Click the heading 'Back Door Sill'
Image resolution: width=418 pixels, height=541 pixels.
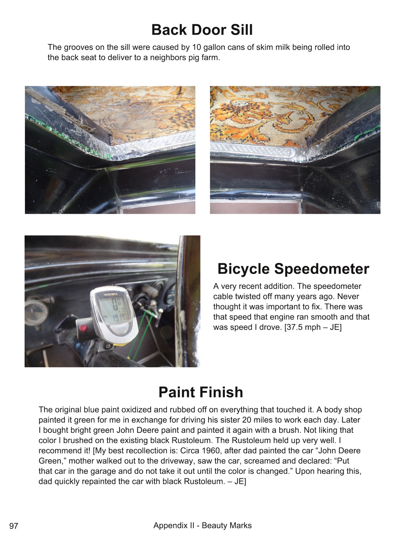pyautogui.click(x=202, y=30)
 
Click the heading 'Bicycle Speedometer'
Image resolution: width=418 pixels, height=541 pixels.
pyautogui.click(x=293, y=269)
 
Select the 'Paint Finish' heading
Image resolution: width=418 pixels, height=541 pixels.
pyautogui.click(x=201, y=392)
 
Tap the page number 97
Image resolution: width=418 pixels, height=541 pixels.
pyautogui.click(x=14, y=526)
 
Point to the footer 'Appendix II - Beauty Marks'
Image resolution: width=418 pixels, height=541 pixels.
pyautogui.click(x=202, y=526)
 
